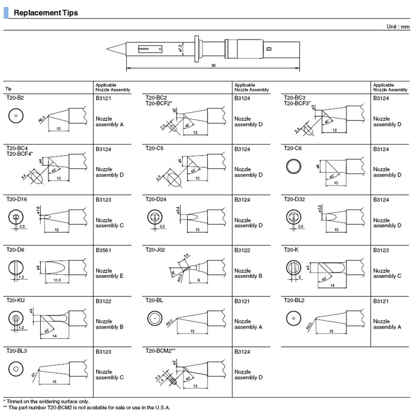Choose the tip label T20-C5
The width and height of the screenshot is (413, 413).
(x=155, y=148)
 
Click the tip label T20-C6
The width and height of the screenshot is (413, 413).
(x=294, y=148)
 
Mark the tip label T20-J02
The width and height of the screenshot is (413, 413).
(x=156, y=250)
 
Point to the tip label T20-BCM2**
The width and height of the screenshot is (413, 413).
(x=160, y=351)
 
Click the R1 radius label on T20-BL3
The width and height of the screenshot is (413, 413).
(x=34, y=373)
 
